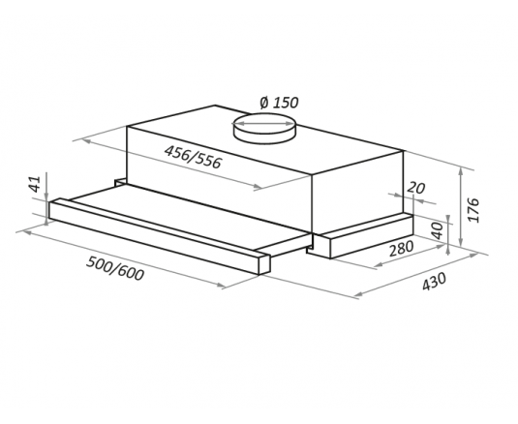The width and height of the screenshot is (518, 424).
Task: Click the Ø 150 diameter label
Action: (279, 103)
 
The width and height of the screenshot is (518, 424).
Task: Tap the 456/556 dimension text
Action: (193, 157)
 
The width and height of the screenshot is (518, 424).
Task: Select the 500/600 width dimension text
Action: (115, 268)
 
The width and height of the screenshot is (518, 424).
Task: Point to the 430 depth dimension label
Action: (434, 282)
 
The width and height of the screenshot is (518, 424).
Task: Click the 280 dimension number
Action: (401, 249)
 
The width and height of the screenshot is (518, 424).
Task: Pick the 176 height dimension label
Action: (473, 210)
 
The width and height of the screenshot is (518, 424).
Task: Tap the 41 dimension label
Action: (35, 184)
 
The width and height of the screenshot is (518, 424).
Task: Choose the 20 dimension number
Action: (415, 188)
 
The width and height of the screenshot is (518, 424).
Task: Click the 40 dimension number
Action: (437, 230)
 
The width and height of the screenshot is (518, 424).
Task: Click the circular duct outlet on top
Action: (263, 129)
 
